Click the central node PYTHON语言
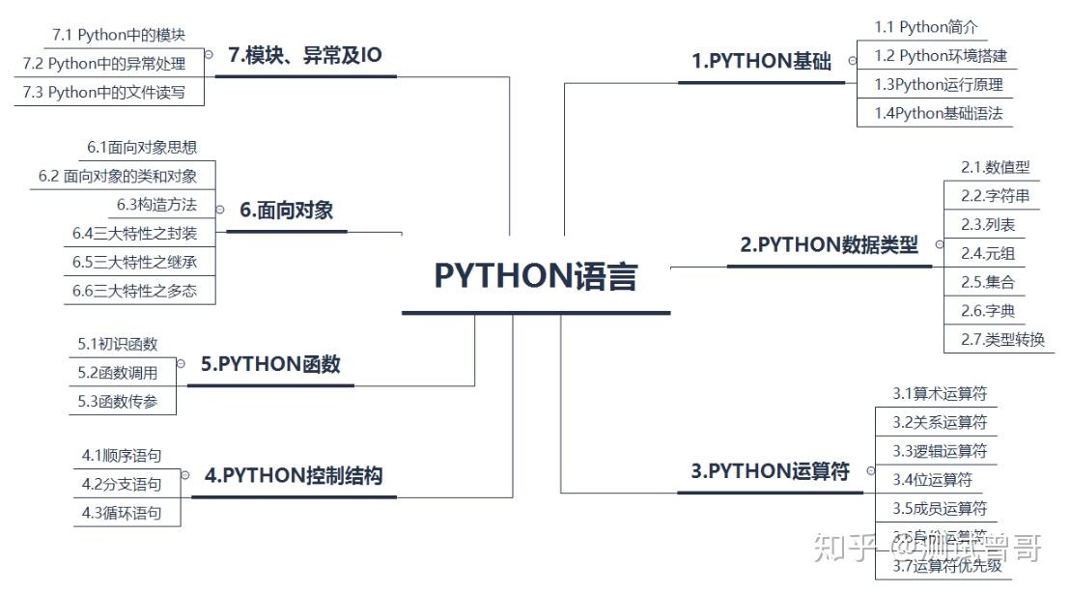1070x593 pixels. [535, 276]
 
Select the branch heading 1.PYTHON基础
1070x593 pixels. [761, 62]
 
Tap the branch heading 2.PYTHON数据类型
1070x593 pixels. [829, 245]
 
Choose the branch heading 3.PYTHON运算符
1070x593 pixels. [770, 471]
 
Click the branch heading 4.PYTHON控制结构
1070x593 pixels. [294, 476]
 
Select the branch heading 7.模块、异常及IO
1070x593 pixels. [305, 56]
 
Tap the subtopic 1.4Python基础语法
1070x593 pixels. [938, 113]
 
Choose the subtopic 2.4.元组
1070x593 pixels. [987, 254]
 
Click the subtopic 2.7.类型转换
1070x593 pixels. [1001, 340]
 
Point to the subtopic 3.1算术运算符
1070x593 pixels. [939, 393]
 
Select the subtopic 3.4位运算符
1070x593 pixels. [932, 479]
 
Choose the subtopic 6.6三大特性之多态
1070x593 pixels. [134, 290]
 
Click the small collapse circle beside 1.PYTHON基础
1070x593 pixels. [852, 60]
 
